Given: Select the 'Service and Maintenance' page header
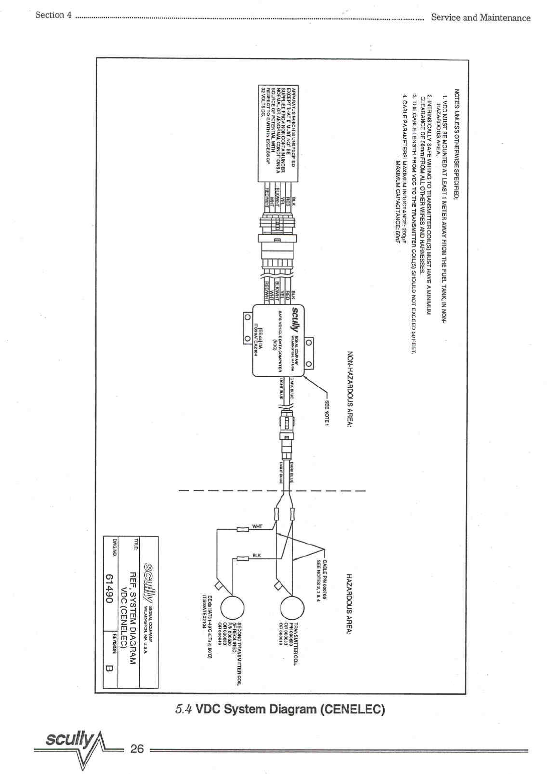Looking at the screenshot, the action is pos(480,18).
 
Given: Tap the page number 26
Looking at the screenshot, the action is pos(137,748).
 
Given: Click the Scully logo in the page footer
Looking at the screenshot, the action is pos(70,739).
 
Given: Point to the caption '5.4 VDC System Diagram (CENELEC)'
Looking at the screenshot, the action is pos(280,709).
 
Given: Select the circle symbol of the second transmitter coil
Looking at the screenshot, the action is pos(232,608).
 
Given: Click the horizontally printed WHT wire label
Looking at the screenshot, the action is pos(257,527).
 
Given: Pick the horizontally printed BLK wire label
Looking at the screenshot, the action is pos(256,555).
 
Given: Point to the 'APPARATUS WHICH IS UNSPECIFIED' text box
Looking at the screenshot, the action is pos(278,133).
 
